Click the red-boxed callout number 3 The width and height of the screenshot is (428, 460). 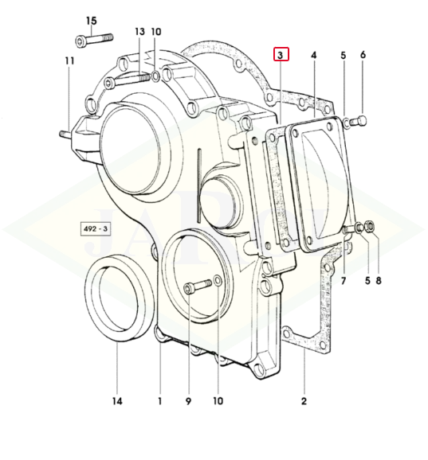click(281, 54)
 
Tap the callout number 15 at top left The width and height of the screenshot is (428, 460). click(92, 21)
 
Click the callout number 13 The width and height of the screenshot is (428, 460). click(139, 32)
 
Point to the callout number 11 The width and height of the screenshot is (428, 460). click(69, 61)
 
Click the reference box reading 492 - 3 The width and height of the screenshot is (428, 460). click(96, 228)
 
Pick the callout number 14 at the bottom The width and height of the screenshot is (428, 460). click(117, 401)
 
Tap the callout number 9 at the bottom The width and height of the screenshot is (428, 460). click(188, 401)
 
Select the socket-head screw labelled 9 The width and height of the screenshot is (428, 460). click(197, 286)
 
